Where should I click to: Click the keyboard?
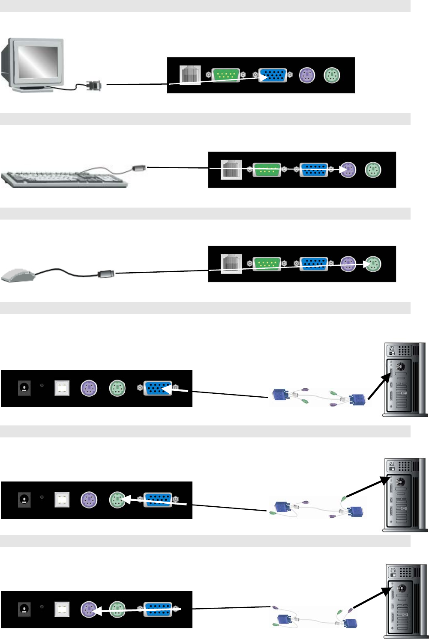click(64, 178)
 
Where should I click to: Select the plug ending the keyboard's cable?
click(139, 168)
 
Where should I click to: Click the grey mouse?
click(18, 274)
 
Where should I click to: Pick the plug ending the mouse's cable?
click(106, 273)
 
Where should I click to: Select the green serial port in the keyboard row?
click(267, 169)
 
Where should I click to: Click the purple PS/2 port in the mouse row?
click(348, 264)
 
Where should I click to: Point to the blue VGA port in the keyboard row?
click(313, 169)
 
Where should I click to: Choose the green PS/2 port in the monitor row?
click(331, 75)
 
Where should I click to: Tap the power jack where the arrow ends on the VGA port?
click(24, 388)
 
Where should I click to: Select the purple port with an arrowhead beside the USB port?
click(89, 609)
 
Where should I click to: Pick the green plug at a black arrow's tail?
click(344, 498)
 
